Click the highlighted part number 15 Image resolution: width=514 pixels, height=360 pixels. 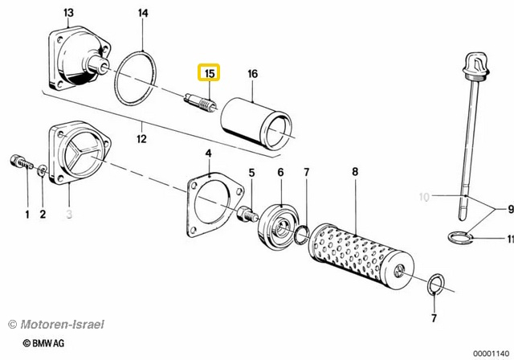click(x=210, y=74)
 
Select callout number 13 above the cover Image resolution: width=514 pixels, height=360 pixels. click(x=67, y=13)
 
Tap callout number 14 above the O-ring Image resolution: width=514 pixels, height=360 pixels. click(x=143, y=13)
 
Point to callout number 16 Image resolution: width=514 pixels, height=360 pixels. click(x=252, y=74)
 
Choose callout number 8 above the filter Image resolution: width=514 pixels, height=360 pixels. click(x=354, y=172)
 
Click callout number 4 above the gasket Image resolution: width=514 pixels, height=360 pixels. click(x=207, y=153)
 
